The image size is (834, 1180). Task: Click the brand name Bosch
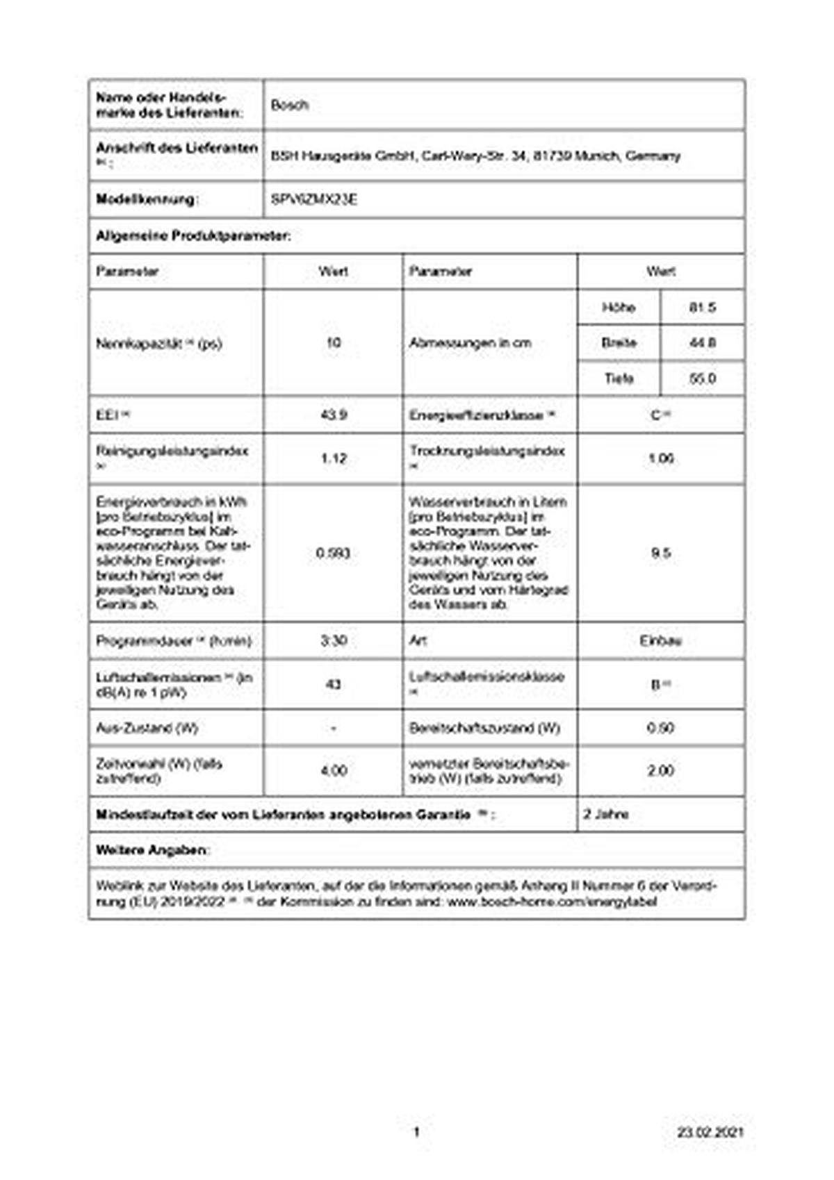point(290,106)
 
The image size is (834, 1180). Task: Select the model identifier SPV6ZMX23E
point(314,200)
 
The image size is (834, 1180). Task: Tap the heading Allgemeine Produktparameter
point(193,236)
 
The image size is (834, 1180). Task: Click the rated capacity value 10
point(334,343)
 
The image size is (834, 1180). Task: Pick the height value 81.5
point(702,308)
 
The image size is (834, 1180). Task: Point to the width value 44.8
point(702,343)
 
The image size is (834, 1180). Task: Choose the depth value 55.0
point(702,379)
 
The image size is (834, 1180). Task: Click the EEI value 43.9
point(334,415)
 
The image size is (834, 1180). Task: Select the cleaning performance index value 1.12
point(334,459)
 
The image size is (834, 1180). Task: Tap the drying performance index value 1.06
point(660,459)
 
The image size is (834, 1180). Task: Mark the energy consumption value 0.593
point(333,554)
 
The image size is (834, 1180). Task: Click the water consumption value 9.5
point(660,554)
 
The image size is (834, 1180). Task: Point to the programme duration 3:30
point(334,640)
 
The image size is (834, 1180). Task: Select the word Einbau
point(660,640)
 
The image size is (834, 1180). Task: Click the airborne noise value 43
point(334,685)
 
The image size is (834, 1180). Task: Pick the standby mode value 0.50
point(660,729)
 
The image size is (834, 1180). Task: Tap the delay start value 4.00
point(334,771)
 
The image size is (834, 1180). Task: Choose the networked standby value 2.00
point(660,771)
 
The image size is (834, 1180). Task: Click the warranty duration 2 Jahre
point(606,815)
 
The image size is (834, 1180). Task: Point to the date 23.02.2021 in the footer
point(710,1132)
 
